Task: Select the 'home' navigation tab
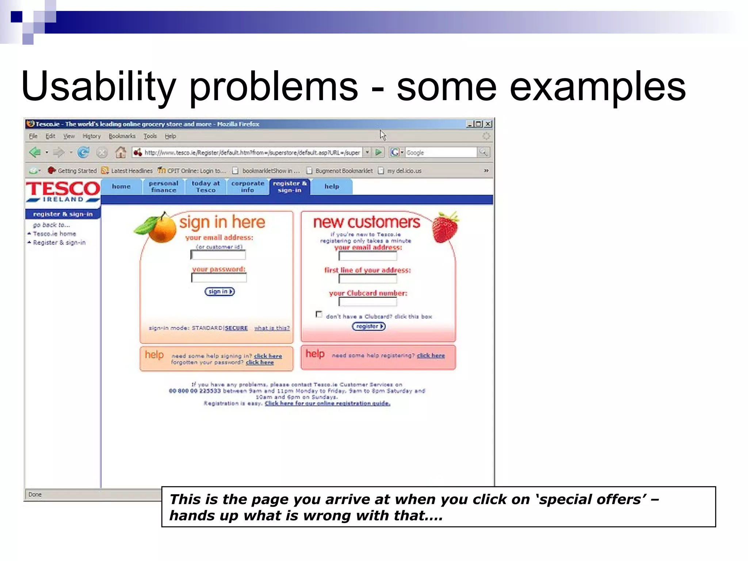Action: pos(121,187)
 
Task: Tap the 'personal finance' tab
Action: pos(163,187)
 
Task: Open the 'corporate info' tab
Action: pos(247,187)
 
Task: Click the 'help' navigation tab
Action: pos(332,187)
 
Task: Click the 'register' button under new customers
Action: pos(369,326)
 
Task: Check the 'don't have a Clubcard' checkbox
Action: pos(319,314)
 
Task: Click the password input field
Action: pos(219,278)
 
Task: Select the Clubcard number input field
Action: pos(367,302)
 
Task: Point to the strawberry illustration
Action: pos(445,228)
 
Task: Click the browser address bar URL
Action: pos(252,153)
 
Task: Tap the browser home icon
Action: pos(121,152)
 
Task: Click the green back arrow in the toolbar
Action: pos(35,152)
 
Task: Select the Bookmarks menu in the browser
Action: pos(122,136)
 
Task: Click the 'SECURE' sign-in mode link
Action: pos(236,328)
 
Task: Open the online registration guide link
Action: pos(327,403)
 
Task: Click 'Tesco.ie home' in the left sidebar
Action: pos(54,234)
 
